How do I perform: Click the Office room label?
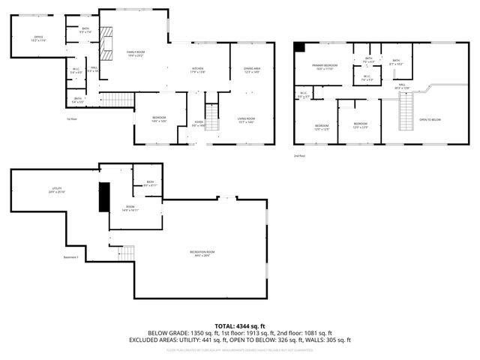[x=38, y=37]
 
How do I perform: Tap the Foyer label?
[x=199, y=124]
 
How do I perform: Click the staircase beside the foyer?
[x=212, y=116]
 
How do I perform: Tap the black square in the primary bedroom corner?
[x=300, y=47]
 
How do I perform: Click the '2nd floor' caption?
[x=301, y=154]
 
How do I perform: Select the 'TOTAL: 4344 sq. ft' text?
[x=239, y=325]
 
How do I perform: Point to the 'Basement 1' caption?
[x=72, y=258]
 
